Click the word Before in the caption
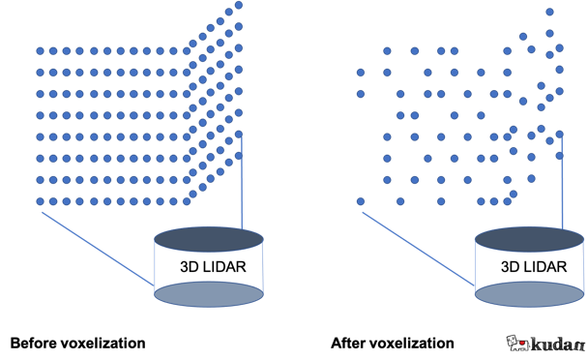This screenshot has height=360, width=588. pos(34,344)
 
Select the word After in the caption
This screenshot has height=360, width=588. pos(347,344)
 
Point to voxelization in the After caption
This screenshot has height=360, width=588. pos(411,344)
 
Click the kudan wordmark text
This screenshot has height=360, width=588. pos(558,345)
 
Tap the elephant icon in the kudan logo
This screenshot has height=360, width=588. pos(518,343)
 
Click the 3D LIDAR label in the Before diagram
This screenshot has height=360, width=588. pos(213,267)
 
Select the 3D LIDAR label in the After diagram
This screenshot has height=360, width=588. pos(534,267)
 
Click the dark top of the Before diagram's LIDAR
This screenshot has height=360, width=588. pos(209,239)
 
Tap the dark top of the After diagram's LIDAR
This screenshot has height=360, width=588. pos(530,239)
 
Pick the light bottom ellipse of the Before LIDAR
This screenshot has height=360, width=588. pos(209,294)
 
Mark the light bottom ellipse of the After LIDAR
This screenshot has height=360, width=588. pos(530,294)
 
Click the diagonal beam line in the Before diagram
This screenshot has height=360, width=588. pos(98,249)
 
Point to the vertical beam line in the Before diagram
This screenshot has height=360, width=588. pos(242,183)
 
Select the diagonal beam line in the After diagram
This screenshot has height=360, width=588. pos(419,249)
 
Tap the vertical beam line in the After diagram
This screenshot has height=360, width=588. pos(562,183)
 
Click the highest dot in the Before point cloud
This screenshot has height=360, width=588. pos(239,5)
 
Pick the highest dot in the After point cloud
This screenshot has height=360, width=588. pos(549,12)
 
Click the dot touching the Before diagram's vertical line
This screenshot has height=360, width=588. pos(239,134)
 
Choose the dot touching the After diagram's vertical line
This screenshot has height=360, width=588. pos(560,134)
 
